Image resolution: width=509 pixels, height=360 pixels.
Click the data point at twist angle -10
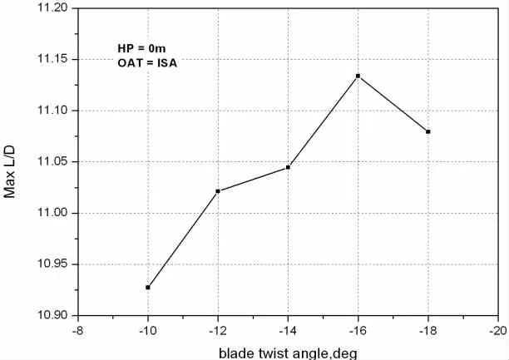(x=148, y=287)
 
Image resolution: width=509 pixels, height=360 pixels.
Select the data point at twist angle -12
(x=218, y=191)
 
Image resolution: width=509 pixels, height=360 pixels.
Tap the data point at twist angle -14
(x=288, y=167)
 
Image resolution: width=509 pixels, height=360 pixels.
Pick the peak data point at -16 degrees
(x=358, y=76)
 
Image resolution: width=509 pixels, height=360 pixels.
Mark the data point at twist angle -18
(x=427, y=131)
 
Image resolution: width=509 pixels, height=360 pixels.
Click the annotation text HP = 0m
(x=142, y=48)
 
